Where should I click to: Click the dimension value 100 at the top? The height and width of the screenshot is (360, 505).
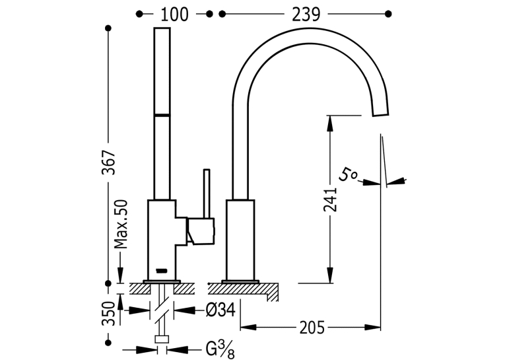pos(174,14)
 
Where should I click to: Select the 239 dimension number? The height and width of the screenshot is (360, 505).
pos(306,14)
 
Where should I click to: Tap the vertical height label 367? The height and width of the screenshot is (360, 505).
pos(108,162)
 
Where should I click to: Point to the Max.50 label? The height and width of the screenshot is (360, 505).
pos(121,225)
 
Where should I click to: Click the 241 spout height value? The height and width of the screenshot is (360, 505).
pos(330,200)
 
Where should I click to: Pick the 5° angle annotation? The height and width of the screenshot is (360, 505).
pos(347,174)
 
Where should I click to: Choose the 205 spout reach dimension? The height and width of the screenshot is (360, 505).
pos(312,328)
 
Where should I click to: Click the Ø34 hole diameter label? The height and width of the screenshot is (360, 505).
pos(220,310)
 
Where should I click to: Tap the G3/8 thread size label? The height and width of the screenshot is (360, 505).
pos(220,349)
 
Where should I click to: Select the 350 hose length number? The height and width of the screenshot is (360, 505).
pos(108,314)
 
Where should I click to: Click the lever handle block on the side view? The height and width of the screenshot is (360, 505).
pos(200,231)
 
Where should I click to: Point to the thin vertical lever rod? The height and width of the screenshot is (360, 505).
pos(207,194)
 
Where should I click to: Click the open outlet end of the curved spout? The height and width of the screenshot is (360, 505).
pos(381,114)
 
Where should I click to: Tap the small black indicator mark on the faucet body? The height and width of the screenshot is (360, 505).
pos(162,270)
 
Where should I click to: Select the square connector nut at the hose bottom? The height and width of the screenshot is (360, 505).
pos(162,339)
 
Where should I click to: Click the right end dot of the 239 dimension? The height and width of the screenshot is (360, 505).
pos(388,14)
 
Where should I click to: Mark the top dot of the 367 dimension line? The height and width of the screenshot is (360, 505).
pos(108,28)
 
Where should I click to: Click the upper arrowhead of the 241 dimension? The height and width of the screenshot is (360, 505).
pos(330,124)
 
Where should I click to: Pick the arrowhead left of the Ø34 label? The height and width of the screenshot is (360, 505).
pos(139,310)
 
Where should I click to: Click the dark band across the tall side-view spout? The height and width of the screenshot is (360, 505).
pos(162,115)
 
